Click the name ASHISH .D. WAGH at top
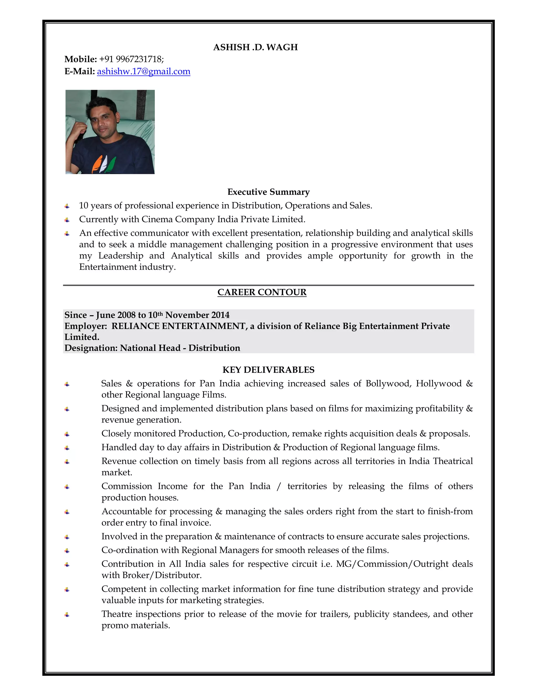[255, 47]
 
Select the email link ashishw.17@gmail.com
[143, 71]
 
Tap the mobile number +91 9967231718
[131, 59]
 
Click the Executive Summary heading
[268, 192]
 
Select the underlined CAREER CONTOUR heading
[262, 292]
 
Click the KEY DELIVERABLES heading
[268, 370]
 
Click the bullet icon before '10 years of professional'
[67, 206]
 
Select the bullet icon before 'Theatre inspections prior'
[67, 614]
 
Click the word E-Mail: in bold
[79, 71]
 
